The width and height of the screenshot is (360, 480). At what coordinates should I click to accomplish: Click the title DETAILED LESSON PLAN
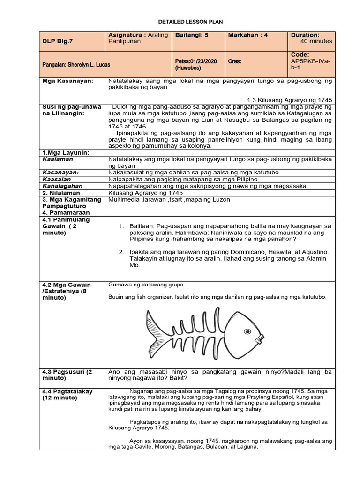190,22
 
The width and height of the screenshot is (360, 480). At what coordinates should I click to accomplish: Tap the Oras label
234,61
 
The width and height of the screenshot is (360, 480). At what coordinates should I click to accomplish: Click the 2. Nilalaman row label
61,193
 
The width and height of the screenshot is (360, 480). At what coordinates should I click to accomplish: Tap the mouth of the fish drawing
259,337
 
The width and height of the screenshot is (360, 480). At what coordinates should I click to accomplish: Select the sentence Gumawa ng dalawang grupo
147,285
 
